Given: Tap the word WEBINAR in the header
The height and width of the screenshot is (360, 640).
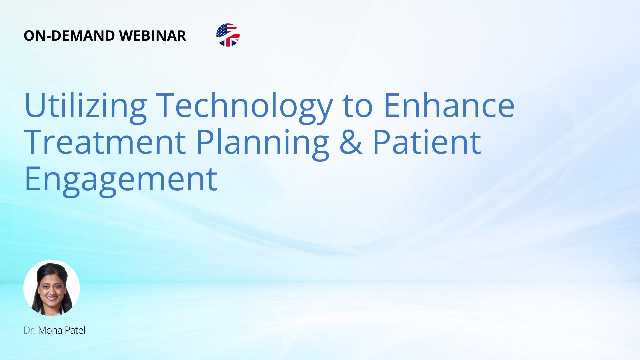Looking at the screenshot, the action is point(153,36).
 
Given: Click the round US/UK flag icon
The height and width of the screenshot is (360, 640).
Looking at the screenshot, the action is point(228,35).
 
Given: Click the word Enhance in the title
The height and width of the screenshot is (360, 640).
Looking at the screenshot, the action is point(449,105).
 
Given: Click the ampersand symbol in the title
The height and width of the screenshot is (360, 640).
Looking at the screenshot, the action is point(351,142).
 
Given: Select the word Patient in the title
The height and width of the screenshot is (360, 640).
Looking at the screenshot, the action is point(427,142).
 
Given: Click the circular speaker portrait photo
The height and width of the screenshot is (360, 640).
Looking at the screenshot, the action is point(52,288).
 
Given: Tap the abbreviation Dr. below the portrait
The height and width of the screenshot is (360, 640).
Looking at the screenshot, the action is point(30,330).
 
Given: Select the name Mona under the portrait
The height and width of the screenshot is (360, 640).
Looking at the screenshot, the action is point(50,330).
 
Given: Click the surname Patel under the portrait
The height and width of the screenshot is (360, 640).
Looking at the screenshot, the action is point(75,330).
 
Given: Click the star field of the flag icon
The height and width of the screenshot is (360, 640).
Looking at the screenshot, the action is point(222,30).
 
